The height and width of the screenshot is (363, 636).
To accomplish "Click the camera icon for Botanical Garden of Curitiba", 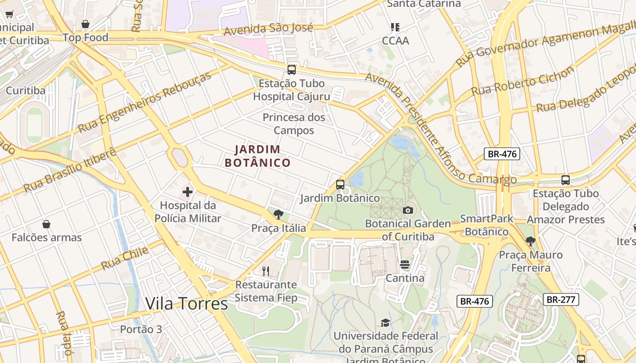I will [407, 210].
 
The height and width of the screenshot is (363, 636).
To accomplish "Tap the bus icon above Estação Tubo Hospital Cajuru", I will [292, 70].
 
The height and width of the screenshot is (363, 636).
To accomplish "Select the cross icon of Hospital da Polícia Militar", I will [187, 192].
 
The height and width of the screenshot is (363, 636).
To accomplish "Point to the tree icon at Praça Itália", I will [278, 215].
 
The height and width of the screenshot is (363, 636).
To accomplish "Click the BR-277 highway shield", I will [561, 299].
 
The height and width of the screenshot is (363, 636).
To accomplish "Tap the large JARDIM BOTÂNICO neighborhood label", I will [258, 156].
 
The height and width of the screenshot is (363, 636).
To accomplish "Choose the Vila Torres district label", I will [186, 304].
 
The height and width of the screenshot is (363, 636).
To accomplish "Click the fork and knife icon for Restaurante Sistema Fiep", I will [266, 271].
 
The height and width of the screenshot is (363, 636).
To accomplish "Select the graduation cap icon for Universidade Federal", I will [385, 323].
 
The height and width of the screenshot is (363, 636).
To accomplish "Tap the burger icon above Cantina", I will [405, 265].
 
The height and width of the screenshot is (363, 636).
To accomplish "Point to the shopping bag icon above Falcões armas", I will [46, 224].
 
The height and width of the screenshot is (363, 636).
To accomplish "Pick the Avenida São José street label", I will [268, 29].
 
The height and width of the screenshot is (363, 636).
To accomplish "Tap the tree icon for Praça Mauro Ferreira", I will [530, 241].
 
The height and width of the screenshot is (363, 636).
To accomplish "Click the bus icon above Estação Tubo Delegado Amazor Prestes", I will [565, 180].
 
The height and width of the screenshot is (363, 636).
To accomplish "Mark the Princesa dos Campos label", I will [294, 124].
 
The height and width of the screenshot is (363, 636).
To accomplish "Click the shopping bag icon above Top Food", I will [85, 24].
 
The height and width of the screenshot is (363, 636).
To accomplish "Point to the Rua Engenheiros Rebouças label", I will [144, 102].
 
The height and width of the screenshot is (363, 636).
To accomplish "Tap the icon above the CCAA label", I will [395, 27].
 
